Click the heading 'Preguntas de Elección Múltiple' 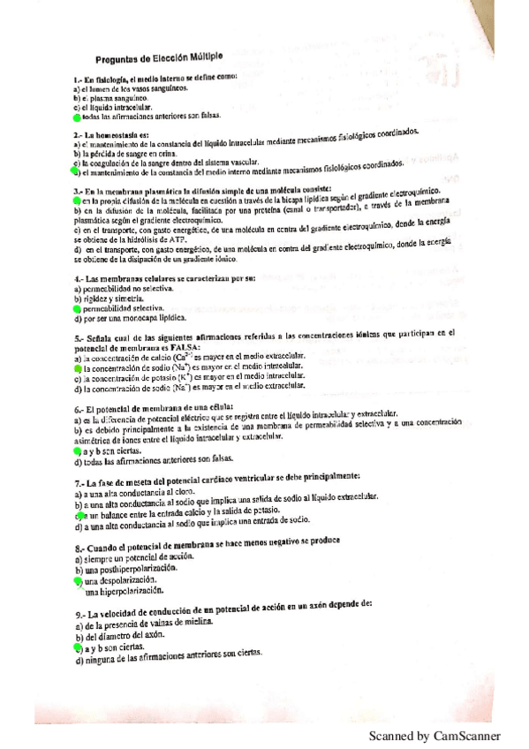pos(159,55)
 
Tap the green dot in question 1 pos(77,116)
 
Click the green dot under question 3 pos(76,202)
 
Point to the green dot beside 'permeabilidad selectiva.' pos(76,310)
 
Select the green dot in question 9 pos(77,647)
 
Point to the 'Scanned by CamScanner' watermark pos(435,735)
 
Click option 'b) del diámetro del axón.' pos(123,637)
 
